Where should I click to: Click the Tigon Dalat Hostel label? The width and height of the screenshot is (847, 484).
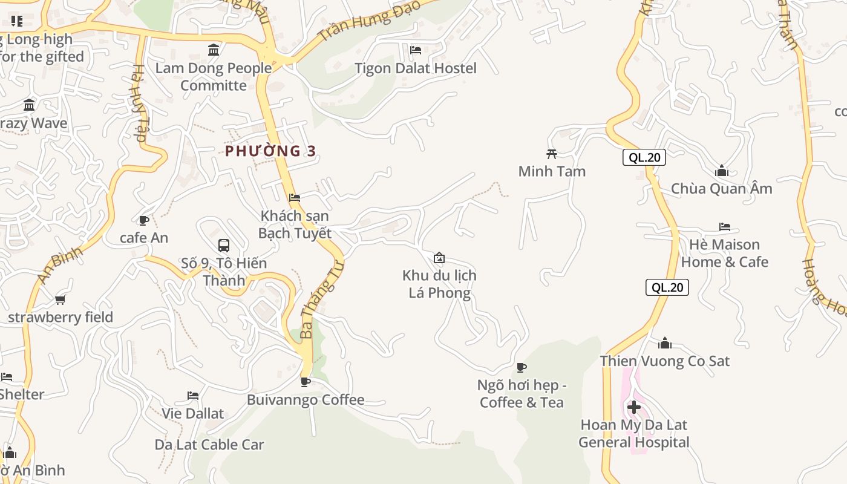416,68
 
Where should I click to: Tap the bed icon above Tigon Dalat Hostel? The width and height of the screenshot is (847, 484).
416,50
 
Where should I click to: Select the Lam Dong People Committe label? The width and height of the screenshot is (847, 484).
214,76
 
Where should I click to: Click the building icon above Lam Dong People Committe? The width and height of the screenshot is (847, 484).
214,50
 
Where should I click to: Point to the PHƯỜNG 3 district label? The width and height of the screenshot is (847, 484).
270,151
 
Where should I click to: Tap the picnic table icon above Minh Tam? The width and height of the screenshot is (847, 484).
551,154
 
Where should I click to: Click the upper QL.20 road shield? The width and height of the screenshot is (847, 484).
644,158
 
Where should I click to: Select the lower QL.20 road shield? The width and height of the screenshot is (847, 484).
668,287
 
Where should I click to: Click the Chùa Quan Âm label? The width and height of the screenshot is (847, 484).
722,189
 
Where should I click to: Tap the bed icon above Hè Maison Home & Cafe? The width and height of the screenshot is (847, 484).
725,227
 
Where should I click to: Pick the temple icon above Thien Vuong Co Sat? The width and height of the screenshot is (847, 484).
665,343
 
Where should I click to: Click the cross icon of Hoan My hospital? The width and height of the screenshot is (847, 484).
634,408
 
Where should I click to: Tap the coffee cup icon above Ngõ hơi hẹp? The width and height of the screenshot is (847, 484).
522,367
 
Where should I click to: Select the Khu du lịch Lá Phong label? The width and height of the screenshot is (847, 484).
439,284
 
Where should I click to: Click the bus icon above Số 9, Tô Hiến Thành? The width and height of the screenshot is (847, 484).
224,245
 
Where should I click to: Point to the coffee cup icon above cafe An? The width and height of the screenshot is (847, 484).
143,220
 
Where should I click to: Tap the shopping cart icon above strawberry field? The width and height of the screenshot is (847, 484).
60,299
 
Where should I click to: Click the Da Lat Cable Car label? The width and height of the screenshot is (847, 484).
209,445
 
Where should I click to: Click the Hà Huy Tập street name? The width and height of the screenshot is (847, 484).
139,103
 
